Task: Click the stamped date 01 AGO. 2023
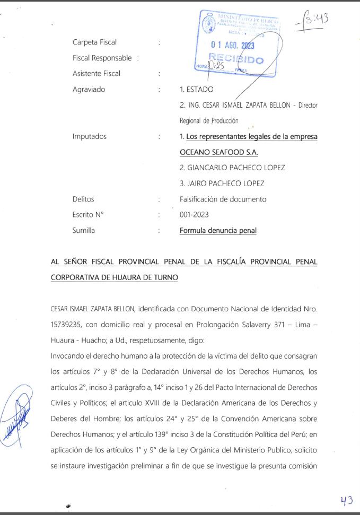[x=233, y=46]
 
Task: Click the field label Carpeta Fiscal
[x=94, y=42]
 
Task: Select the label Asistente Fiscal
[x=96, y=74]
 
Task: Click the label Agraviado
[x=89, y=90]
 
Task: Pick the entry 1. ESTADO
[x=197, y=90]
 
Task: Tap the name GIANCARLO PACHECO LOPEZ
[x=232, y=168]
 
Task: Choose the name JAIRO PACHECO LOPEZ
[x=222, y=184]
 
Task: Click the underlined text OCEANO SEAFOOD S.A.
[x=218, y=152]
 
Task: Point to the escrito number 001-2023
[x=194, y=215]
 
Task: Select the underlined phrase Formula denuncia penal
[x=218, y=231]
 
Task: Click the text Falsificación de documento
[x=223, y=199]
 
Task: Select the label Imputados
[x=89, y=136]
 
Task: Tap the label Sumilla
[x=84, y=231]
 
